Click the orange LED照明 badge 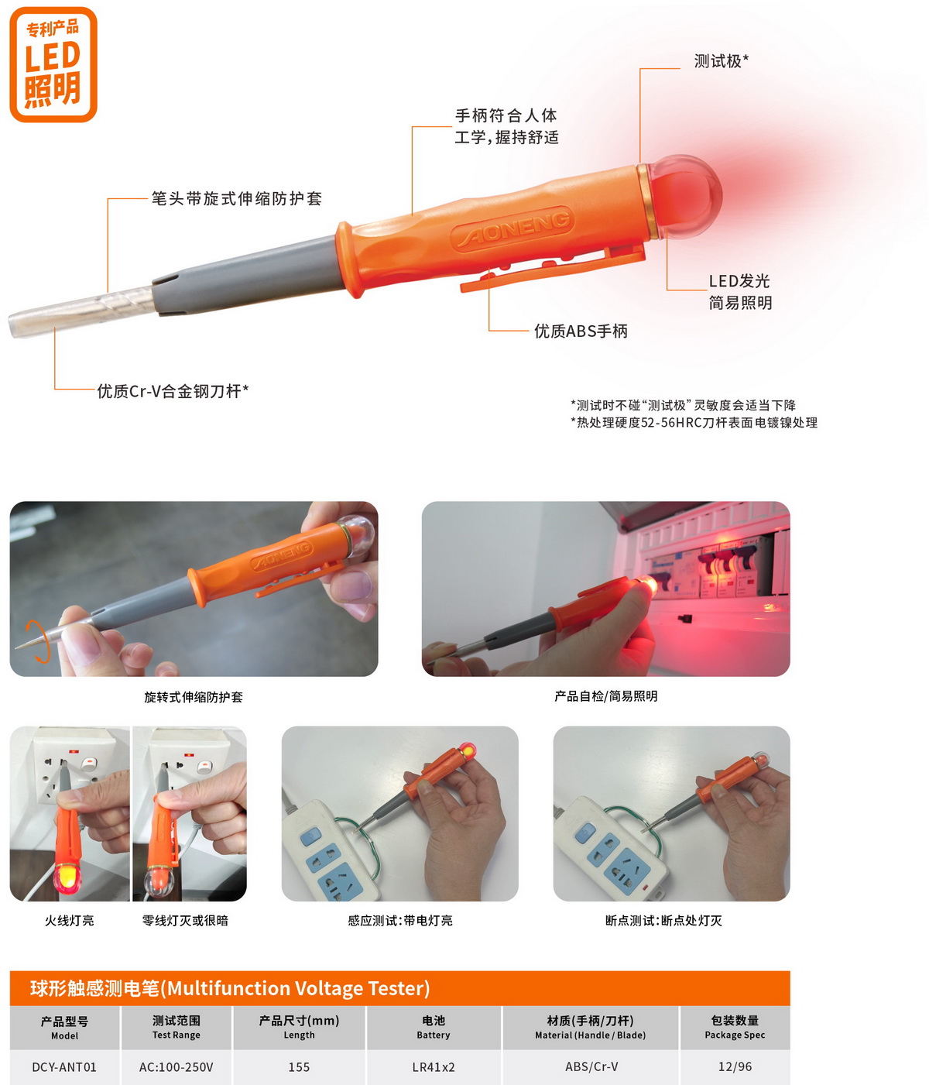[53, 64]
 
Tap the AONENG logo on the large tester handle [512, 229]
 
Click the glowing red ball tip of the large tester [685, 197]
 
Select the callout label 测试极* [722, 61]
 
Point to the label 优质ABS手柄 [581, 331]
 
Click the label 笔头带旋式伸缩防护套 [237, 198]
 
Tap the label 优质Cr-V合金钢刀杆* [173, 391]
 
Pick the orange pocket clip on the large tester [551, 268]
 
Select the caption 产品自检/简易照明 [605, 696]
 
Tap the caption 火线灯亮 [69, 920]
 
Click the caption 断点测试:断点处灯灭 [663, 920]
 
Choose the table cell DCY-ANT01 [64, 1066]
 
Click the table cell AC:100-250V [177, 1066]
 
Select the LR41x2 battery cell [434, 1066]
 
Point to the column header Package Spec [735, 1035]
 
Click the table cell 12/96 [735, 1066]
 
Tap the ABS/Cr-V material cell [591, 1066]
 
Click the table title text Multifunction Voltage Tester [298, 988]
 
